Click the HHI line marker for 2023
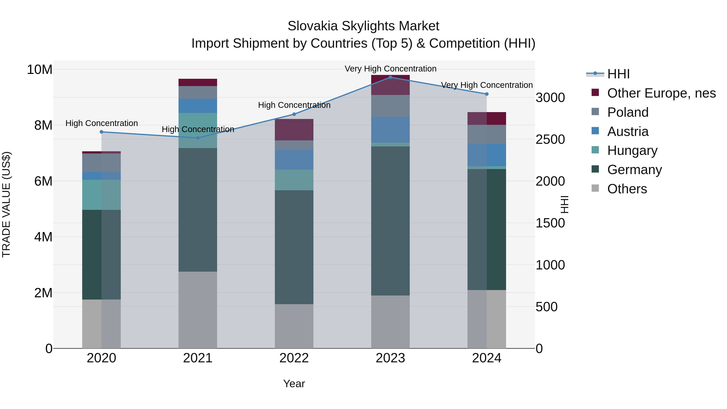pos(390,77)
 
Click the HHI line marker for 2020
pos(102,132)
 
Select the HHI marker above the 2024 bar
pos(486,94)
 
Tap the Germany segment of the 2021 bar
pos(198,210)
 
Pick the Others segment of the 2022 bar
pos(294,326)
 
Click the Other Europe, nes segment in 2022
pos(294,129)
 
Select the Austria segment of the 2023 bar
pos(390,129)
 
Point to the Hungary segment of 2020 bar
pos(102,195)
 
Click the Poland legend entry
pos(628,112)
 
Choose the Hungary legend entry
pos(632,150)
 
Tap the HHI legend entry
pos(618,74)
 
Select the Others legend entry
pos(627,189)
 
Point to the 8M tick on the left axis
pos(43,125)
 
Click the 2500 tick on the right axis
pos(550,139)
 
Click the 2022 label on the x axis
pos(294,358)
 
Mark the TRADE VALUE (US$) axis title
pos(6,204)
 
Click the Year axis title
pos(294,384)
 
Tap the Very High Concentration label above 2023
pos(390,69)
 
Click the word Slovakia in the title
pos(312,26)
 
